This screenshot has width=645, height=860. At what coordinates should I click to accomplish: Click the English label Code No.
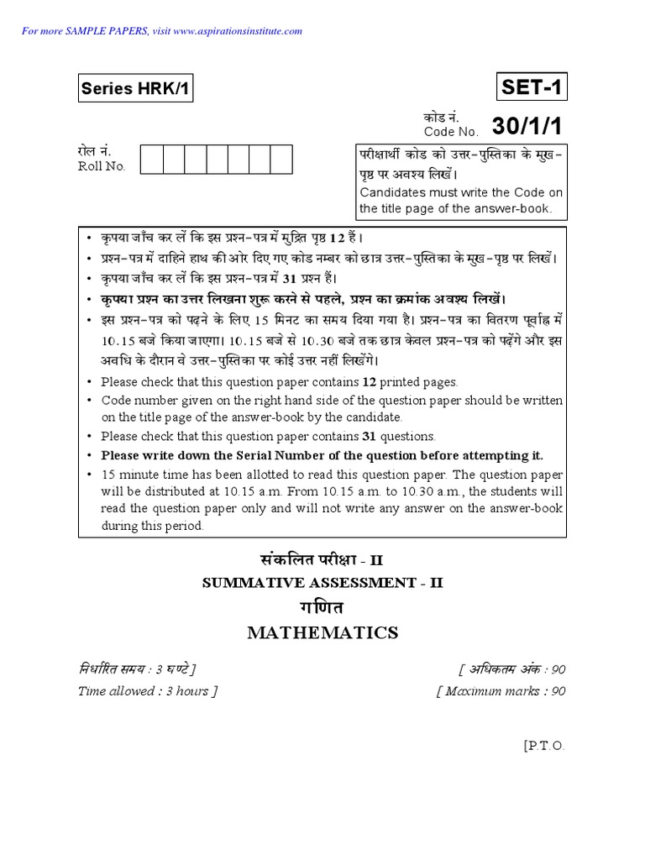(x=451, y=132)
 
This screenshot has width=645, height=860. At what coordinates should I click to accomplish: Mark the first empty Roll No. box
(x=151, y=159)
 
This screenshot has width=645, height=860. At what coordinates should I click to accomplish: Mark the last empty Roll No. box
(x=281, y=159)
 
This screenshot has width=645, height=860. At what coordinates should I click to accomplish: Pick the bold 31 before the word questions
(x=368, y=436)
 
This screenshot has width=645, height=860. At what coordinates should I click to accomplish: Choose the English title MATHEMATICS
(x=322, y=632)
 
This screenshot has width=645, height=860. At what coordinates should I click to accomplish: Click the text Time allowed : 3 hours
(x=148, y=691)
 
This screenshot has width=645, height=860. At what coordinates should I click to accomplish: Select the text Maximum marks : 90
(x=501, y=691)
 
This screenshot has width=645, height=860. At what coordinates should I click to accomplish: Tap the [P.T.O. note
(x=544, y=745)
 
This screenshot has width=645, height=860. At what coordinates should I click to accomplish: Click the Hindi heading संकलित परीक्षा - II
(x=322, y=560)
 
